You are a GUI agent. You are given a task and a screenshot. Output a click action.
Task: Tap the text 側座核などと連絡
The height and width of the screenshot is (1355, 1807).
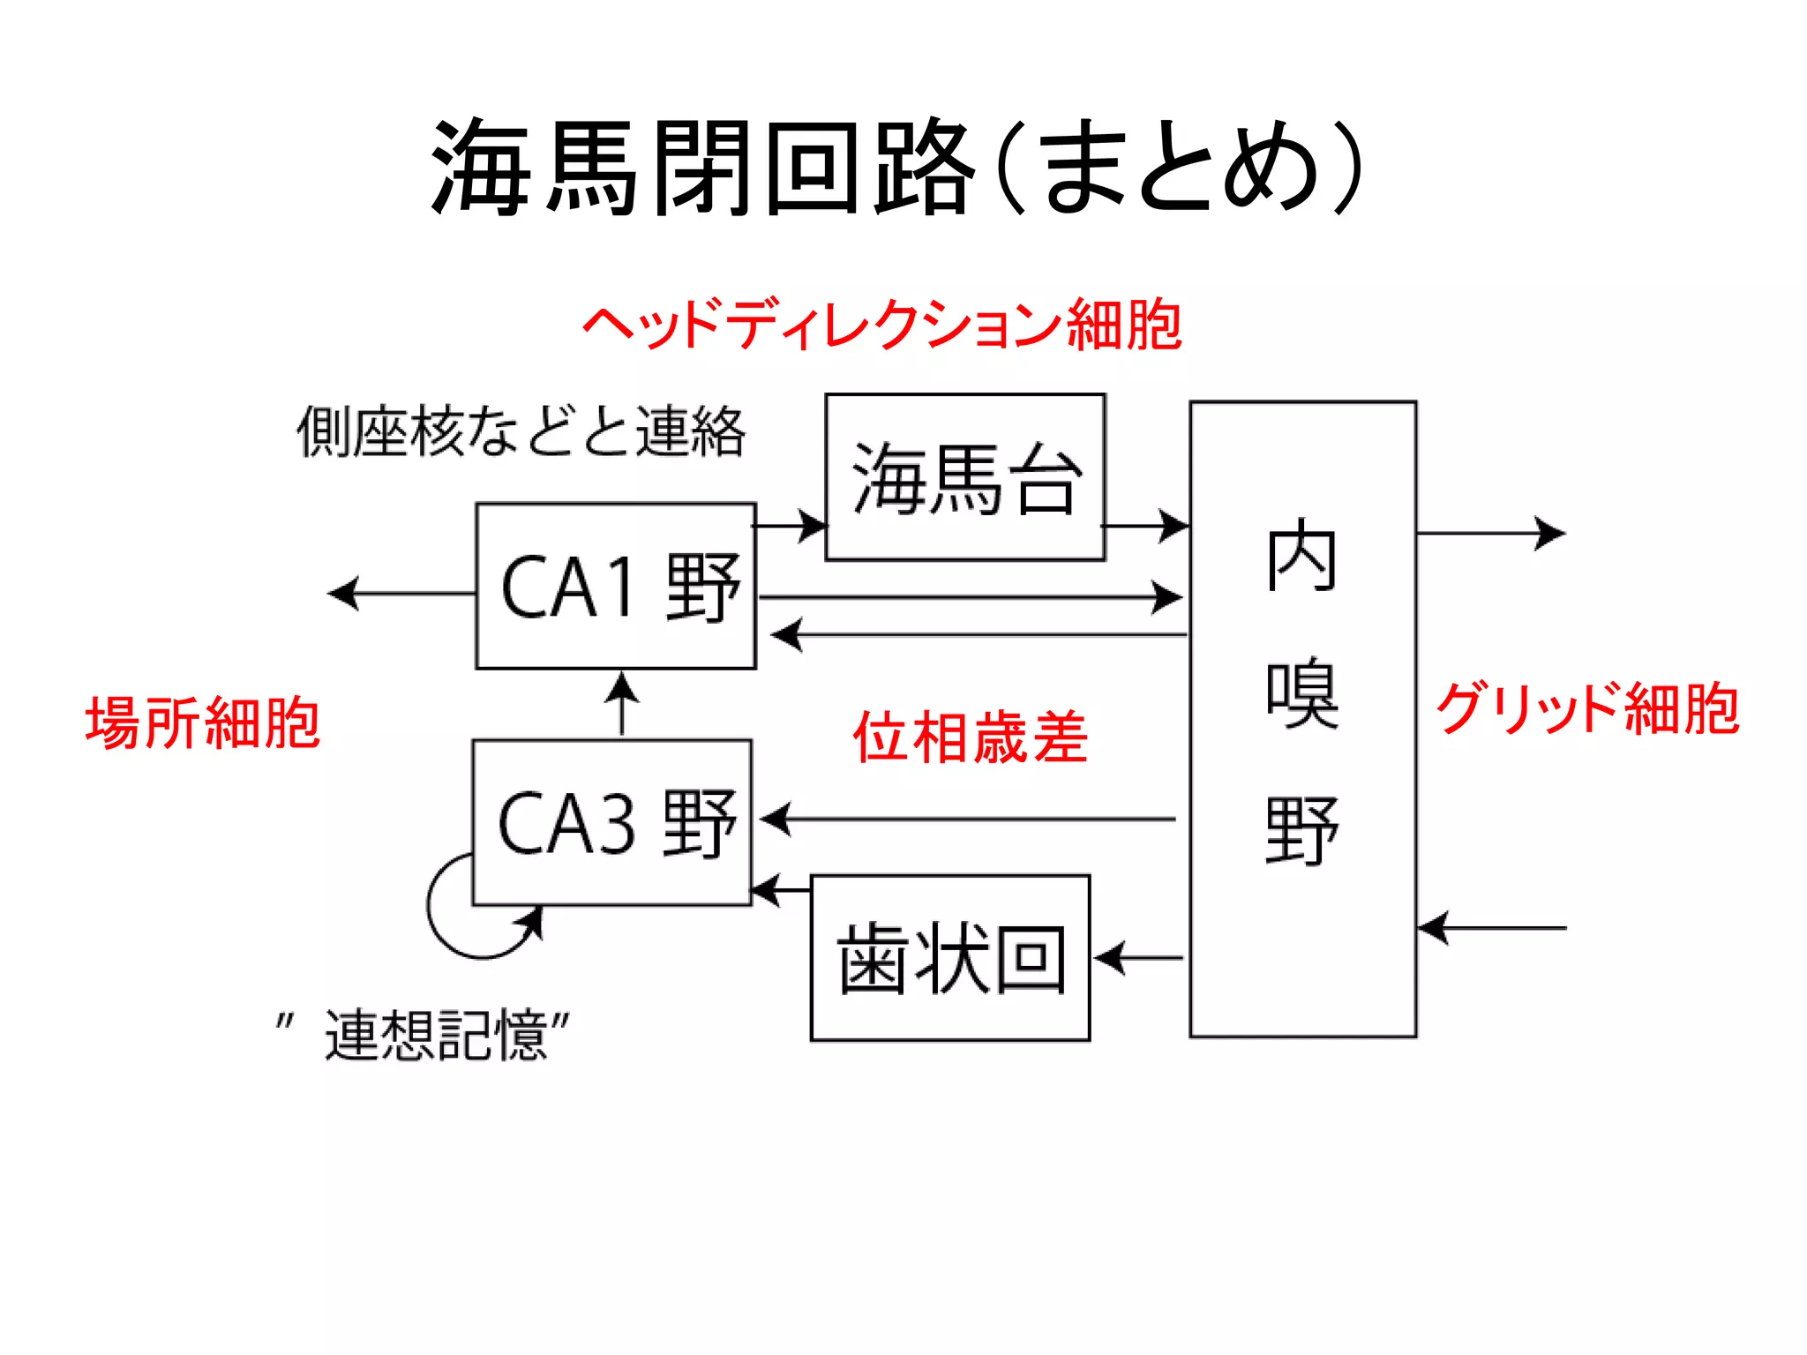point(521,432)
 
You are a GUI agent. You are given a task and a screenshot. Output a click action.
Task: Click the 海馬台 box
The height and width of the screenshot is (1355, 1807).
point(964,477)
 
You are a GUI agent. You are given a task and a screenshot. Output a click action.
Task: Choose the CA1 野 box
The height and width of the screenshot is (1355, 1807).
point(616,587)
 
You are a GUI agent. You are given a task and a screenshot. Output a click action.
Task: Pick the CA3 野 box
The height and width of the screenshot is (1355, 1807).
point(612,822)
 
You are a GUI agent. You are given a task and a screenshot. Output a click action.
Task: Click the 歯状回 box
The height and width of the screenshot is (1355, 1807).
point(950,958)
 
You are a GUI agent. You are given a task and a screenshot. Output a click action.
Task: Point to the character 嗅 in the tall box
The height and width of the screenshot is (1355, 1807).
point(1302,693)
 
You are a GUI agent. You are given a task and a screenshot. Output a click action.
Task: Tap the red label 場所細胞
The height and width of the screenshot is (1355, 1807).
point(203,723)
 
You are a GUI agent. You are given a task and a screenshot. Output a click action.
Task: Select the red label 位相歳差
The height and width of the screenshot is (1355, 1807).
point(971,737)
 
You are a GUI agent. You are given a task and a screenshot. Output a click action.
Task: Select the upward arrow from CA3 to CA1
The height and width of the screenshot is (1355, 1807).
point(622,704)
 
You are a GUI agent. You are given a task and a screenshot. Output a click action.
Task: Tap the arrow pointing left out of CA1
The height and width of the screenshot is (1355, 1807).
point(401,593)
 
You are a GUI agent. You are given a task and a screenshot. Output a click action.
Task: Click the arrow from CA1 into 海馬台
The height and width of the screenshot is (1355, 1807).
point(790,526)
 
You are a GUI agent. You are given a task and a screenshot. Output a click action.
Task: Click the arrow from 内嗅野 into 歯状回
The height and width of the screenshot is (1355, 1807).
point(1138,958)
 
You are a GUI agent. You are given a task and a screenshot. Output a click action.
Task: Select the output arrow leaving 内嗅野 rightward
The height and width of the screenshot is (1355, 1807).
point(1491,533)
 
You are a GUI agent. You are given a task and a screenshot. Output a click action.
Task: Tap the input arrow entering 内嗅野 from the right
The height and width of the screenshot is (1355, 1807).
point(1491,928)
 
